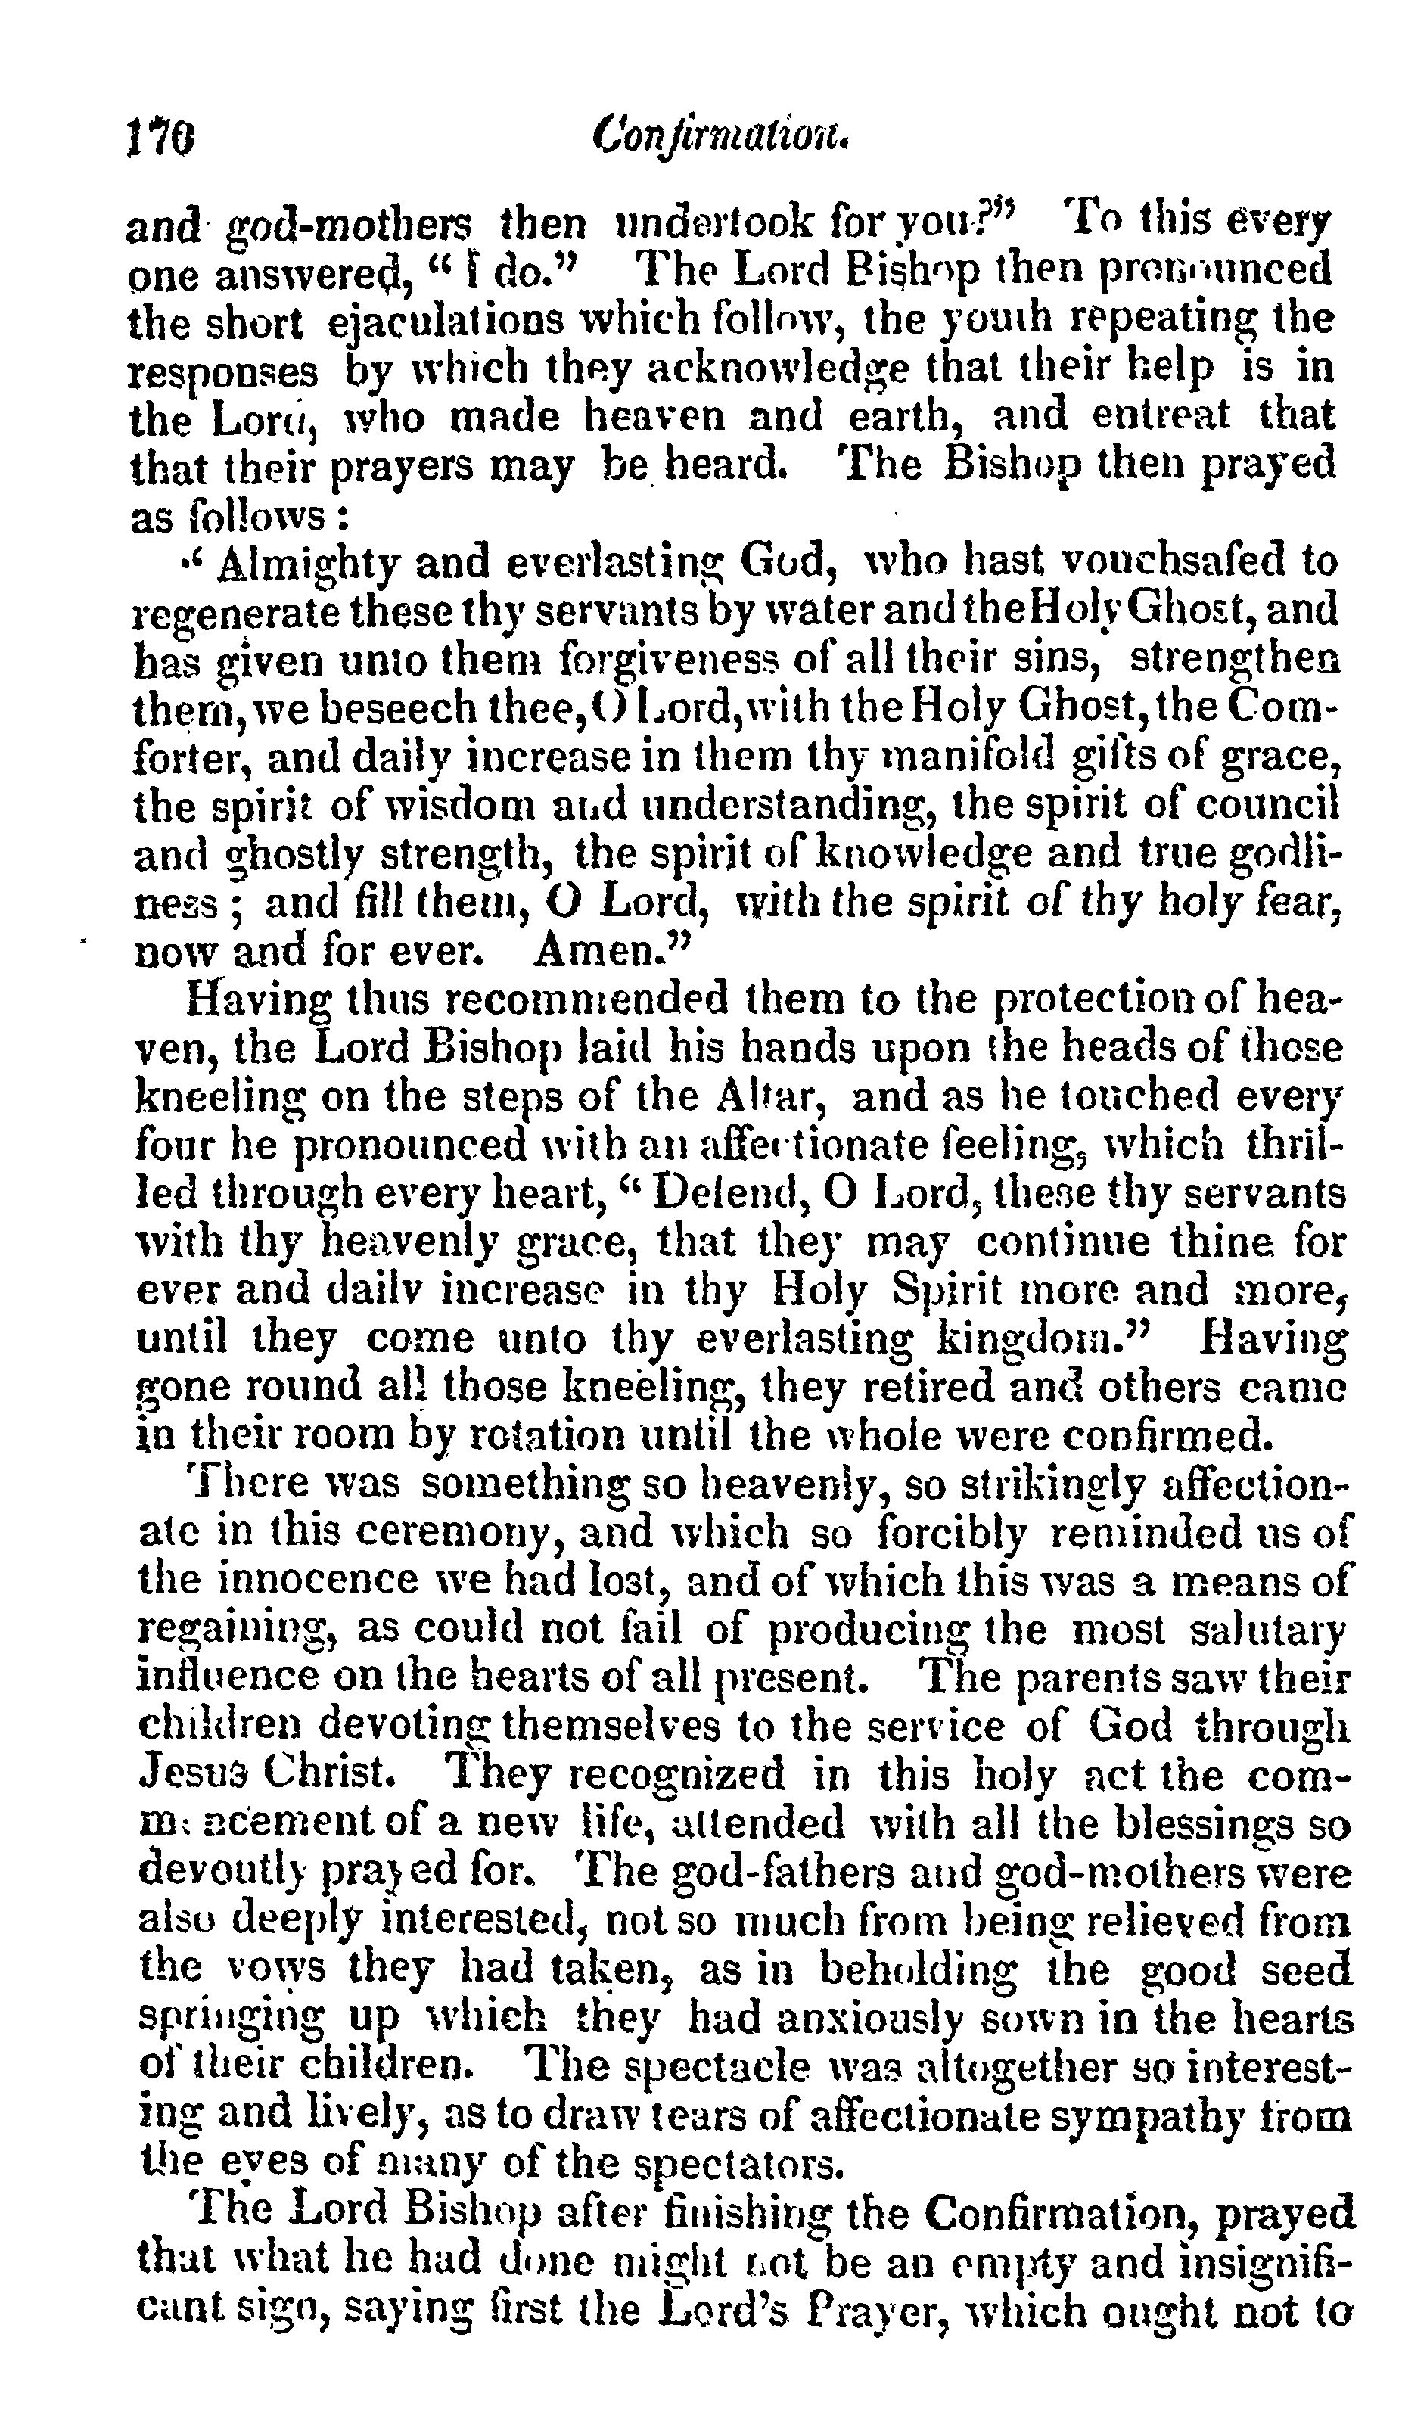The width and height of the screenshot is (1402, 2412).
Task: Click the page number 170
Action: (160, 141)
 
